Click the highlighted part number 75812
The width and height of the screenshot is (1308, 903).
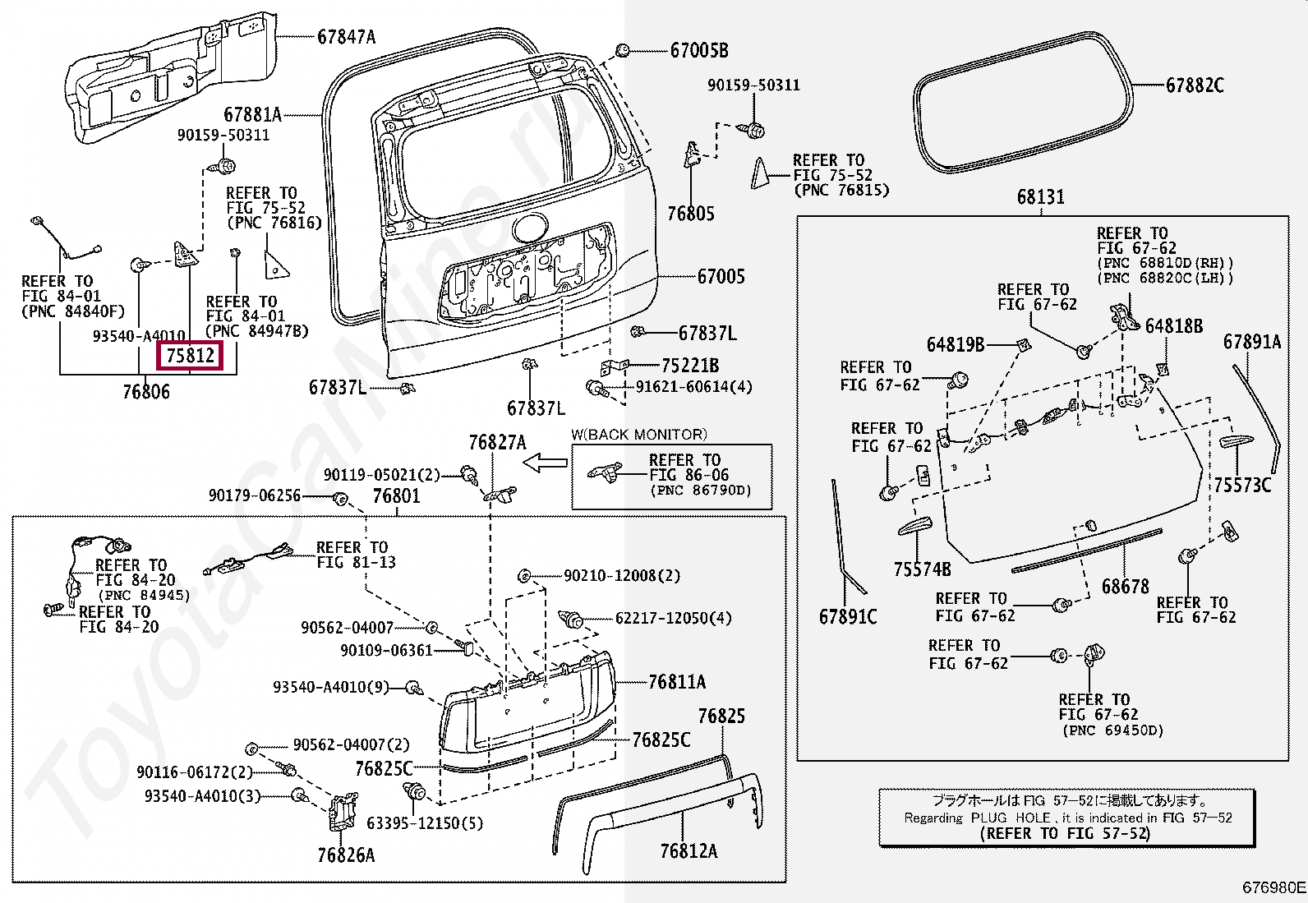(191, 355)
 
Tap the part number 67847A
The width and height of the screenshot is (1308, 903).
(346, 37)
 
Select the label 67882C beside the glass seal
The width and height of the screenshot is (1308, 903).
(1195, 85)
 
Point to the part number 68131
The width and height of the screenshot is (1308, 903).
(1040, 197)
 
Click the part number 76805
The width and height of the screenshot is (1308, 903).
(691, 214)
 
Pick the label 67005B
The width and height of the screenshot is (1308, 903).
(699, 51)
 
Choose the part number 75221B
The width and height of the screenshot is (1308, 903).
(689, 366)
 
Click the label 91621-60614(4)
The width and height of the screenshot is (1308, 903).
(693, 387)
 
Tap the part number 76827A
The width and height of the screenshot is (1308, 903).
(498, 443)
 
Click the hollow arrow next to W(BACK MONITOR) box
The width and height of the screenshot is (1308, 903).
(545, 463)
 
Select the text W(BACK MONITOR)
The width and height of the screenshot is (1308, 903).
(639, 435)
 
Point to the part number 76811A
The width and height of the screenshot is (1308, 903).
(677, 682)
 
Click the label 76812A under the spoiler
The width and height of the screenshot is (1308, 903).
(689, 851)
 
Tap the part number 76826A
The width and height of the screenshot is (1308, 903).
(346, 855)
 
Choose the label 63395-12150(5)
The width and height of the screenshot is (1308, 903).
(425, 823)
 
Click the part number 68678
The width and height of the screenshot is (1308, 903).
(1126, 586)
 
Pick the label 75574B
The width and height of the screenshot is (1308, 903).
(922, 569)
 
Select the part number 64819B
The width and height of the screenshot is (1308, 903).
(956, 344)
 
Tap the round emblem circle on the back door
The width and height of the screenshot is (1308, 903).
(531, 228)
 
